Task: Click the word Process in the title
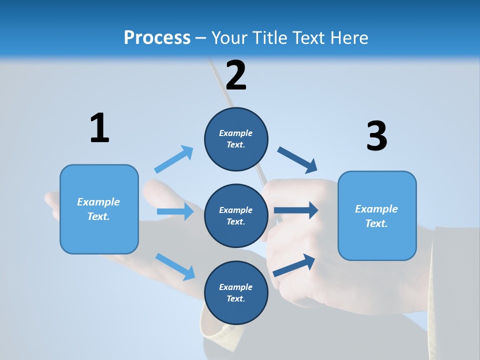(157, 38)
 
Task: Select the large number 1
(99, 128)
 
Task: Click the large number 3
(376, 136)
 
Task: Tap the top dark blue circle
(236, 139)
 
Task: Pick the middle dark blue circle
(236, 216)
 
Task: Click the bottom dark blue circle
(236, 293)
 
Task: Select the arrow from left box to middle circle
(175, 211)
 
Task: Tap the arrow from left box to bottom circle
(175, 266)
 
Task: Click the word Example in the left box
(98, 202)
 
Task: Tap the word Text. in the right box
(376, 223)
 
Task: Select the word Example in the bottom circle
(236, 287)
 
